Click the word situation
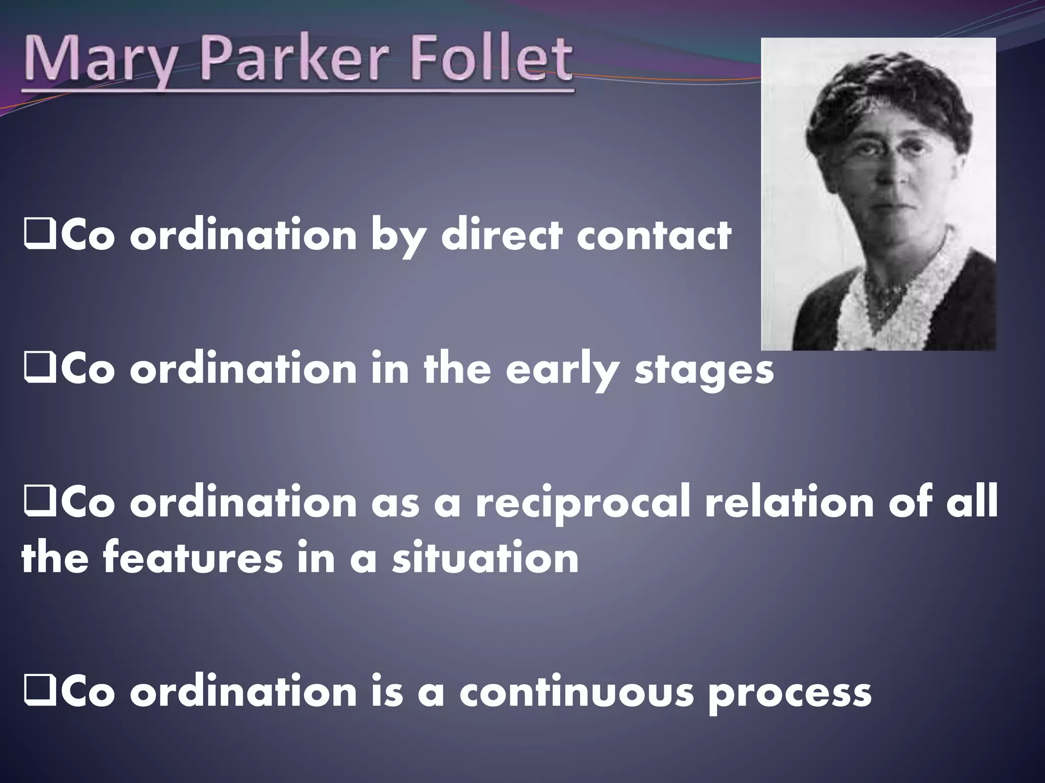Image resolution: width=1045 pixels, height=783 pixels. tap(485, 559)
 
